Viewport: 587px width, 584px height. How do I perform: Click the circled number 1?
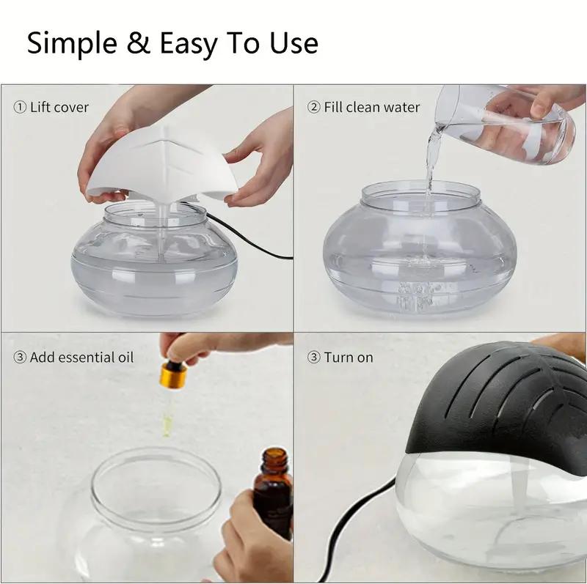(20, 107)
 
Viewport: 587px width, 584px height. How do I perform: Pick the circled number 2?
(313, 107)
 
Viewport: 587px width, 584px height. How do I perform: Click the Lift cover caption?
(59, 107)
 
